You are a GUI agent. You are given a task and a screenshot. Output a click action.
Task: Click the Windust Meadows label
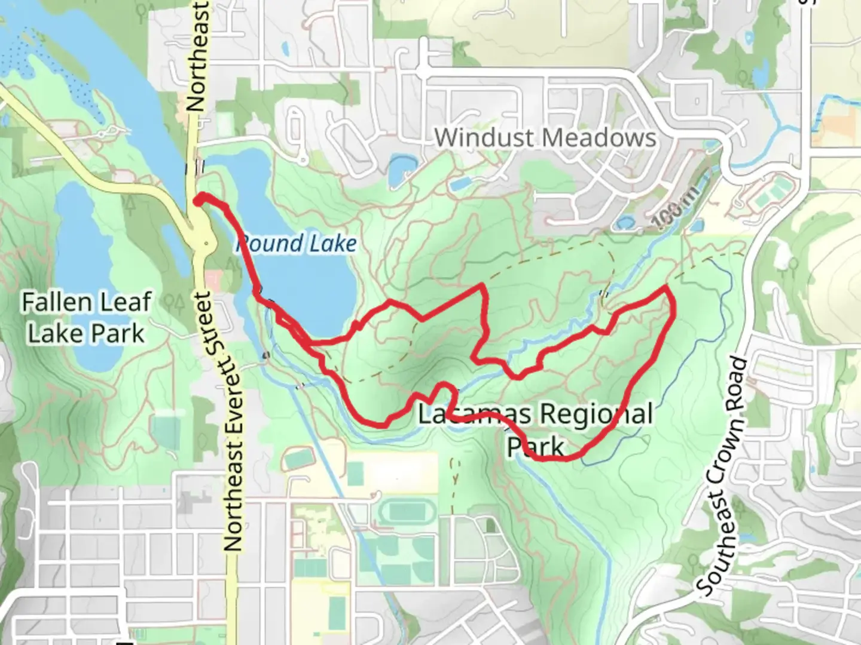point(545,138)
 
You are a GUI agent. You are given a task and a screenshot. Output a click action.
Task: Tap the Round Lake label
point(297,244)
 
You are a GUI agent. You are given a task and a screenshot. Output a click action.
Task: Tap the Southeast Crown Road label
point(723,478)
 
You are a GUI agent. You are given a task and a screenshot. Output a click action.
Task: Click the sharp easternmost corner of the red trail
point(666,288)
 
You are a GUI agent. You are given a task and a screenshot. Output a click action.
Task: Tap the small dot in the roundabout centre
point(206,243)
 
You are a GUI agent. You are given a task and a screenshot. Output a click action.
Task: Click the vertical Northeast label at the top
point(197,57)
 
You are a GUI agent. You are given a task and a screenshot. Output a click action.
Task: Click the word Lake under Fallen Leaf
point(49,333)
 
